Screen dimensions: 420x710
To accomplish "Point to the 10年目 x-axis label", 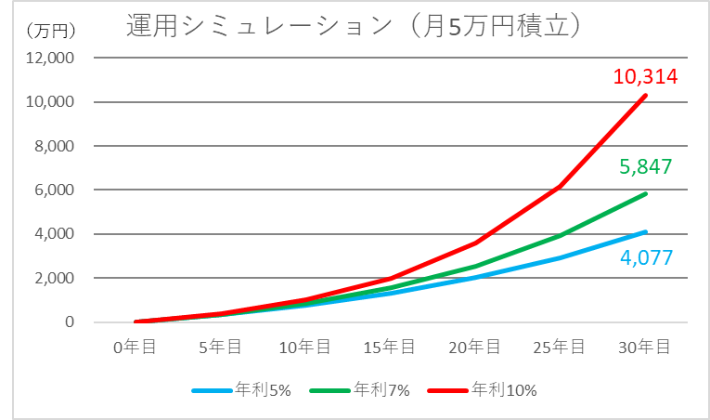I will coord(306,347).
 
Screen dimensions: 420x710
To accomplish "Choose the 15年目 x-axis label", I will coord(391,347).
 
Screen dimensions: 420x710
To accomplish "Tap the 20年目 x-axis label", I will coord(475,347).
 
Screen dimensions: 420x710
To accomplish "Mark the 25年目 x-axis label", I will coord(561,347).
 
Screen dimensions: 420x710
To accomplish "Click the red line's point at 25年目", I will coord(561,186).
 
